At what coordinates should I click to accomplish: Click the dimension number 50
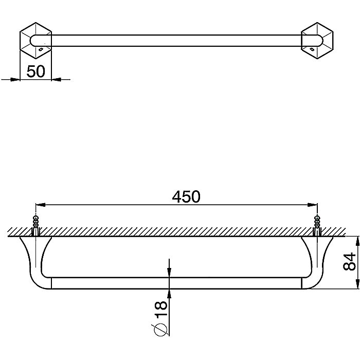click(x=36, y=71)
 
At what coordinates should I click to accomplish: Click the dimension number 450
click(x=186, y=197)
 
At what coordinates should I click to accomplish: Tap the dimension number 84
click(x=349, y=261)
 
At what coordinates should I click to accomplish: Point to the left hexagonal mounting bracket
click(x=36, y=41)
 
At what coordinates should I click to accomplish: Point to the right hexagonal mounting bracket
click(x=317, y=41)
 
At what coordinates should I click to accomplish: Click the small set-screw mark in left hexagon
click(x=41, y=49)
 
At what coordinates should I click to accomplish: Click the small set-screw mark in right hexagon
click(x=312, y=49)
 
